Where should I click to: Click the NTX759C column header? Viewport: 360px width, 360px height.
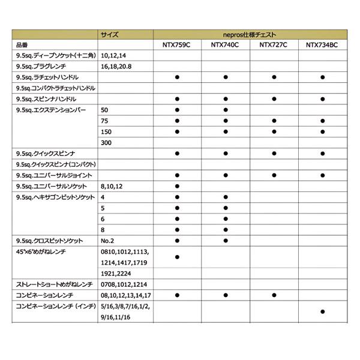click(x=178, y=45)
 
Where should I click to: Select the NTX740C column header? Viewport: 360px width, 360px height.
click(x=226, y=45)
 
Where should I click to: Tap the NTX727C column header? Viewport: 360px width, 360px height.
click(x=274, y=45)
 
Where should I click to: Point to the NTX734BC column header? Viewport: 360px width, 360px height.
click(x=323, y=45)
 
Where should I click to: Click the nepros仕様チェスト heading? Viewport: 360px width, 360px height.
click(x=249, y=35)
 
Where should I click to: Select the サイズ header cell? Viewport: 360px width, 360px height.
click(x=110, y=35)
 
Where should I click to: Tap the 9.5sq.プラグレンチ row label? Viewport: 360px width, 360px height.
click(x=46, y=66)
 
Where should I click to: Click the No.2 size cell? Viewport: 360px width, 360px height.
click(x=109, y=240)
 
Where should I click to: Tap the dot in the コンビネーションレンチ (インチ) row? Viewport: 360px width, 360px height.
click(x=323, y=311)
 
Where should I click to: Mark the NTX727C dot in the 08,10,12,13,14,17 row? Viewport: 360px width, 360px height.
click(x=274, y=295)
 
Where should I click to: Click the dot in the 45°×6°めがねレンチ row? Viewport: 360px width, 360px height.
click(x=178, y=257)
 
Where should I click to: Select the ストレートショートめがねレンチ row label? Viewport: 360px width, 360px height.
click(x=53, y=284)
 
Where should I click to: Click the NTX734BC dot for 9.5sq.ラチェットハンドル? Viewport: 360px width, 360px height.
click(x=323, y=77)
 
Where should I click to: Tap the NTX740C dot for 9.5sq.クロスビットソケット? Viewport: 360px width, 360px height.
click(x=226, y=240)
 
